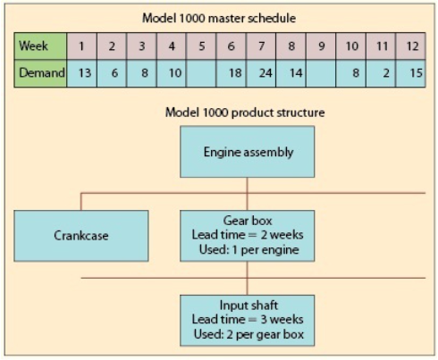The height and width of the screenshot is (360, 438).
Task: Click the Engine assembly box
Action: point(248,152)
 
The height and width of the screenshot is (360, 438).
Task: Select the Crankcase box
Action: point(81,236)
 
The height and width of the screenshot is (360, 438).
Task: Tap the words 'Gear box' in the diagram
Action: point(247,220)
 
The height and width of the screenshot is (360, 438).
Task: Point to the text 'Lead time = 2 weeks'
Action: point(247,234)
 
